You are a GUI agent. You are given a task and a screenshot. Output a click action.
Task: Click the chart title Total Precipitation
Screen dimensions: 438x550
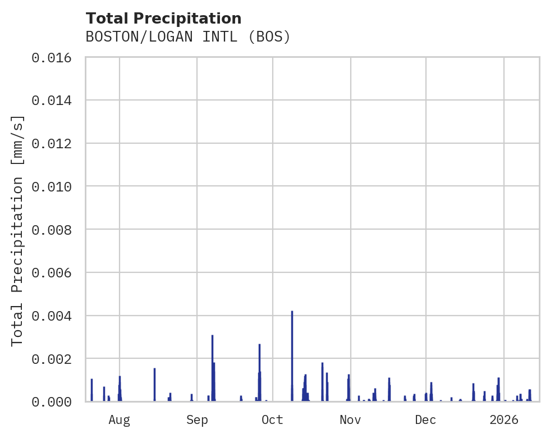[163, 19]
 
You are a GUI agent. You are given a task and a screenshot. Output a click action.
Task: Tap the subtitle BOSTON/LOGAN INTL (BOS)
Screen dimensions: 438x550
[188, 37]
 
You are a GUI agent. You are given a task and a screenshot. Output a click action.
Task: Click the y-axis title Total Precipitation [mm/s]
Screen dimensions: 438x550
[18, 230]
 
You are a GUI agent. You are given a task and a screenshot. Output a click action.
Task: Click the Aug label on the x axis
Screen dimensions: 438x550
[119, 420]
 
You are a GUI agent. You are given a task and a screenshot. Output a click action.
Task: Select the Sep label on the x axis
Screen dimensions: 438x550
[197, 420]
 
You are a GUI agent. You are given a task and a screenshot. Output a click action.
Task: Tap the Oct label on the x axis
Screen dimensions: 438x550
[273, 420]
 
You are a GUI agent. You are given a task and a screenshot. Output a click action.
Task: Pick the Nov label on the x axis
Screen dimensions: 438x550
[350, 420]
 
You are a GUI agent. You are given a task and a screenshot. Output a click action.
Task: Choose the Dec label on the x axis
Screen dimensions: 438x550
[426, 420]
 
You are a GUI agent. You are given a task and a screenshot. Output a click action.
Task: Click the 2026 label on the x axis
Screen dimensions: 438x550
[504, 420]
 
